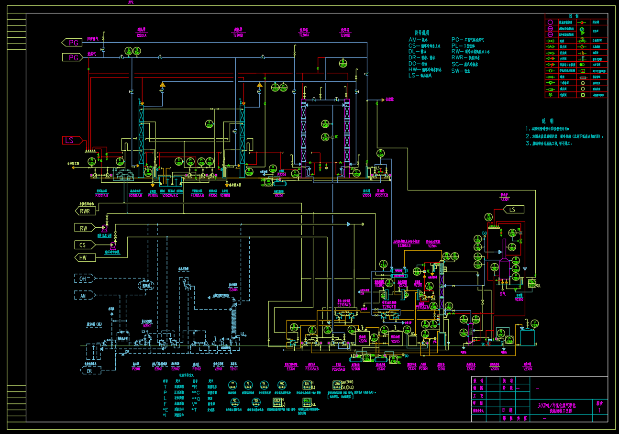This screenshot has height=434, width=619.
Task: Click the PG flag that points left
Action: (x=71, y=43)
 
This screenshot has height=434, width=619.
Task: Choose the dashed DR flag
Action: (x=90, y=370)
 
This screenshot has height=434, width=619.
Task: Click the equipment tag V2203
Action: (x=279, y=195)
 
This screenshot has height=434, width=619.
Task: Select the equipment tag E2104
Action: (x=233, y=289)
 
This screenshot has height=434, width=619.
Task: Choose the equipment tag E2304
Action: (x=290, y=368)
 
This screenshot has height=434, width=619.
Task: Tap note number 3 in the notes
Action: (x=529, y=143)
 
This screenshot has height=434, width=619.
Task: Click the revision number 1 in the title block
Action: (x=599, y=411)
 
